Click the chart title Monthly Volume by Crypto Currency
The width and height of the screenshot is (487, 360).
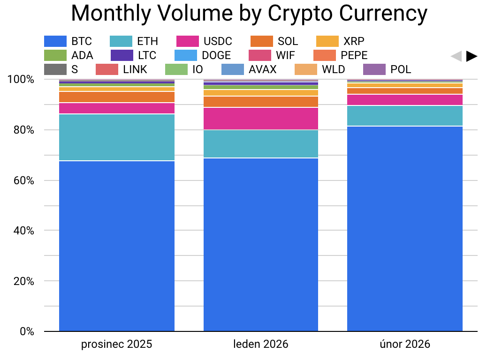coord(249,14)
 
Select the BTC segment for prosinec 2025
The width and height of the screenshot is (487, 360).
coord(117,246)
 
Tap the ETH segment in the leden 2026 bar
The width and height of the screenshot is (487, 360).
coord(261,144)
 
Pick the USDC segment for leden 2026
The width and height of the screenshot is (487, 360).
coord(261,119)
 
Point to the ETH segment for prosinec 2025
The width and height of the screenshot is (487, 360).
coord(117,137)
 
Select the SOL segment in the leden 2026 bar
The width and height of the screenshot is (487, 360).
coord(261,102)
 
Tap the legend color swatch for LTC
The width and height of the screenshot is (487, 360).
coord(122,55)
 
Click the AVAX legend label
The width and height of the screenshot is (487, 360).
coord(262,69)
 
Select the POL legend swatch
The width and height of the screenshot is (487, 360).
coord(374,69)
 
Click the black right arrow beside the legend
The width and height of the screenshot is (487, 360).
coord(472,56)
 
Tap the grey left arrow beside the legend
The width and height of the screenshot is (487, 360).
coord(456,56)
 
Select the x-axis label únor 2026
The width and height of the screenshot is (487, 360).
coord(405,345)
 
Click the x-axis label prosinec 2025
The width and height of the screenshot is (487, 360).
coord(117,345)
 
